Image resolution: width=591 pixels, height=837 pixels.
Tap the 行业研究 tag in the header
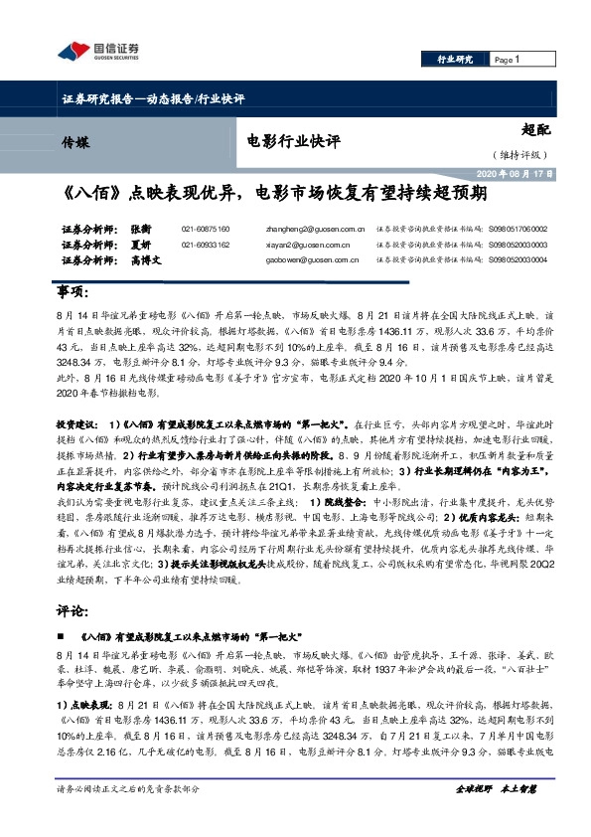click(x=455, y=61)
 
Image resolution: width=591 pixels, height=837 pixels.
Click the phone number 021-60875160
click(x=206, y=228)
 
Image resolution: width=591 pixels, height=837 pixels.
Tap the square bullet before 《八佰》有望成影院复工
click(x=64, y=633)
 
